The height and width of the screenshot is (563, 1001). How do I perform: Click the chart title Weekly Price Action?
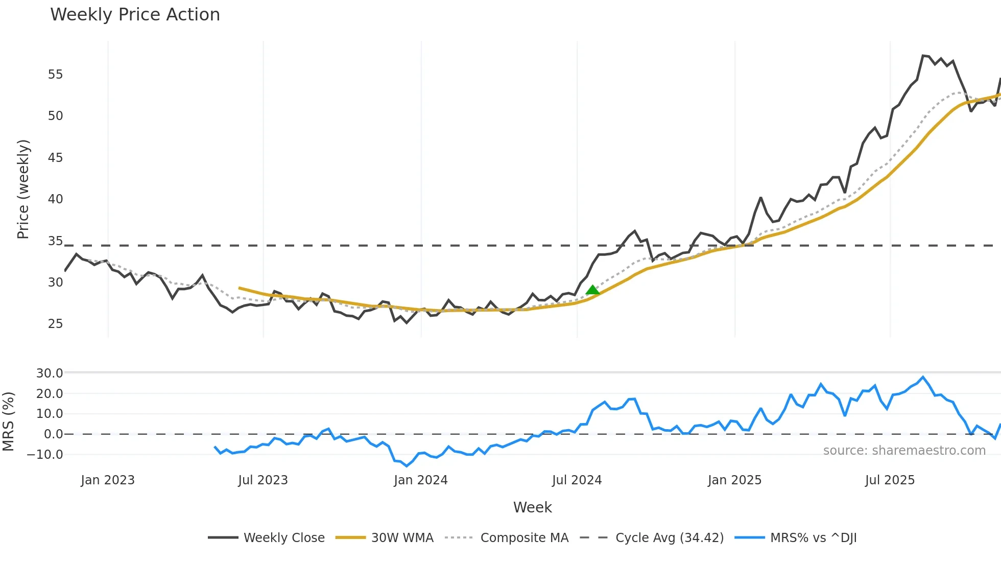pos(135,15)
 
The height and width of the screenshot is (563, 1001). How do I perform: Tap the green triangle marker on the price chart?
pos(592,290)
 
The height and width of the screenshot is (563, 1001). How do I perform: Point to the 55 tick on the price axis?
pos(55,75)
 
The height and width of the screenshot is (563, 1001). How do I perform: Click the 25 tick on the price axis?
pos(55,324)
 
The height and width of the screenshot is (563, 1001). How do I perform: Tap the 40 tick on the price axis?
pos(55,199)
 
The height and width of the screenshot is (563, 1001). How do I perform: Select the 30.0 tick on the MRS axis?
pos(50,373)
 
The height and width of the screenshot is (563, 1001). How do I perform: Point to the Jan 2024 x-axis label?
pos(421,480)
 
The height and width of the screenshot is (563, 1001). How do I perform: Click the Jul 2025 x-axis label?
pos(890,480)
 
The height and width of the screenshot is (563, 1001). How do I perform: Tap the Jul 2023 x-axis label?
pos(263,480)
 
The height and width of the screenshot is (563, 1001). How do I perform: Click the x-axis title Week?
pos(533,507)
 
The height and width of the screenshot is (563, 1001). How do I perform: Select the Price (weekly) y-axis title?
pos(23,189)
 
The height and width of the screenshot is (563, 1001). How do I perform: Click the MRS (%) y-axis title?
pos(8,421)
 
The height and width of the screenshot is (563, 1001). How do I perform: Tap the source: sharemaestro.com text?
pos(904,451)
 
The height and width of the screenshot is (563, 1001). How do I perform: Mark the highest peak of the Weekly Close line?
pos(923,55)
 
